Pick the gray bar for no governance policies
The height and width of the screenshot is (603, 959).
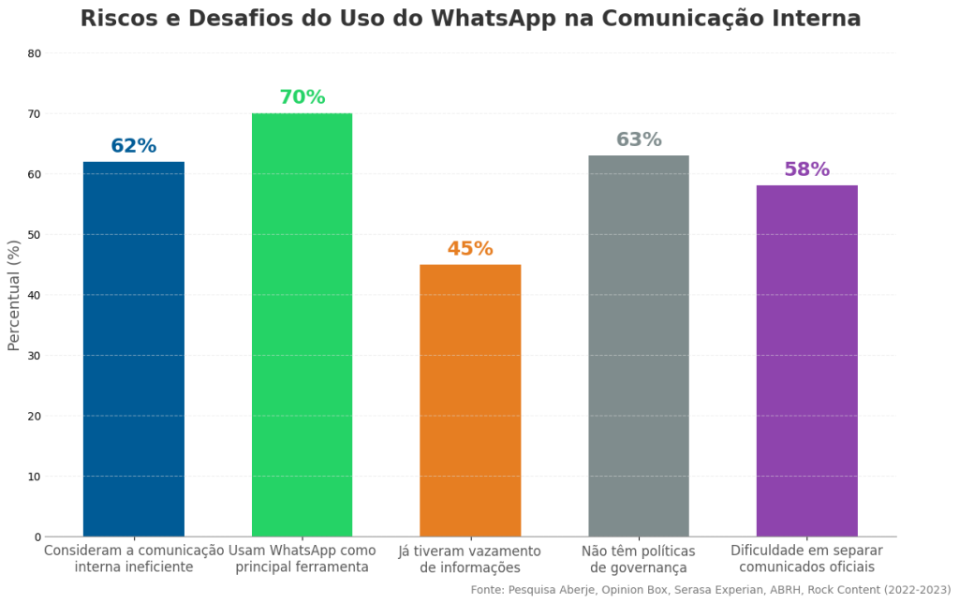pos(639,346)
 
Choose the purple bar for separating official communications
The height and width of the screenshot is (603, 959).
pos(806,360)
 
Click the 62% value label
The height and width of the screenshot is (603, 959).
pos(134,146)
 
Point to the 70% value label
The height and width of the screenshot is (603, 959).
pos(302,97)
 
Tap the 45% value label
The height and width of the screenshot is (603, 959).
pos(470,249)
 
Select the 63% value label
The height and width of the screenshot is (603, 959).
pos(639,140)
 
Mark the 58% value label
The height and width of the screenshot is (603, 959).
pos(806,169)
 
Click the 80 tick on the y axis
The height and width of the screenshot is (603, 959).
pos(35,53)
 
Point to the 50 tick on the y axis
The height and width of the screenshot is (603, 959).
pos(35,235)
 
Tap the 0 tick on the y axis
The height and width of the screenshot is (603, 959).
pos(38,537)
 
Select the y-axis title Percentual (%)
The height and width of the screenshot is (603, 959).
pos(14,295)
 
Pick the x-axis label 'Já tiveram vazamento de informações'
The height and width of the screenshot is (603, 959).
pos(470,559)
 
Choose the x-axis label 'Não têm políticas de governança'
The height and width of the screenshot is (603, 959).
pos(639,559)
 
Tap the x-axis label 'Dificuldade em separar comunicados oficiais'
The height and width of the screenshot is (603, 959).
pos(806,559)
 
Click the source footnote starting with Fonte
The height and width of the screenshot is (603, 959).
pos(711,590)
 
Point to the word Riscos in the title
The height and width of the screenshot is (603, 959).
pos(118,19)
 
